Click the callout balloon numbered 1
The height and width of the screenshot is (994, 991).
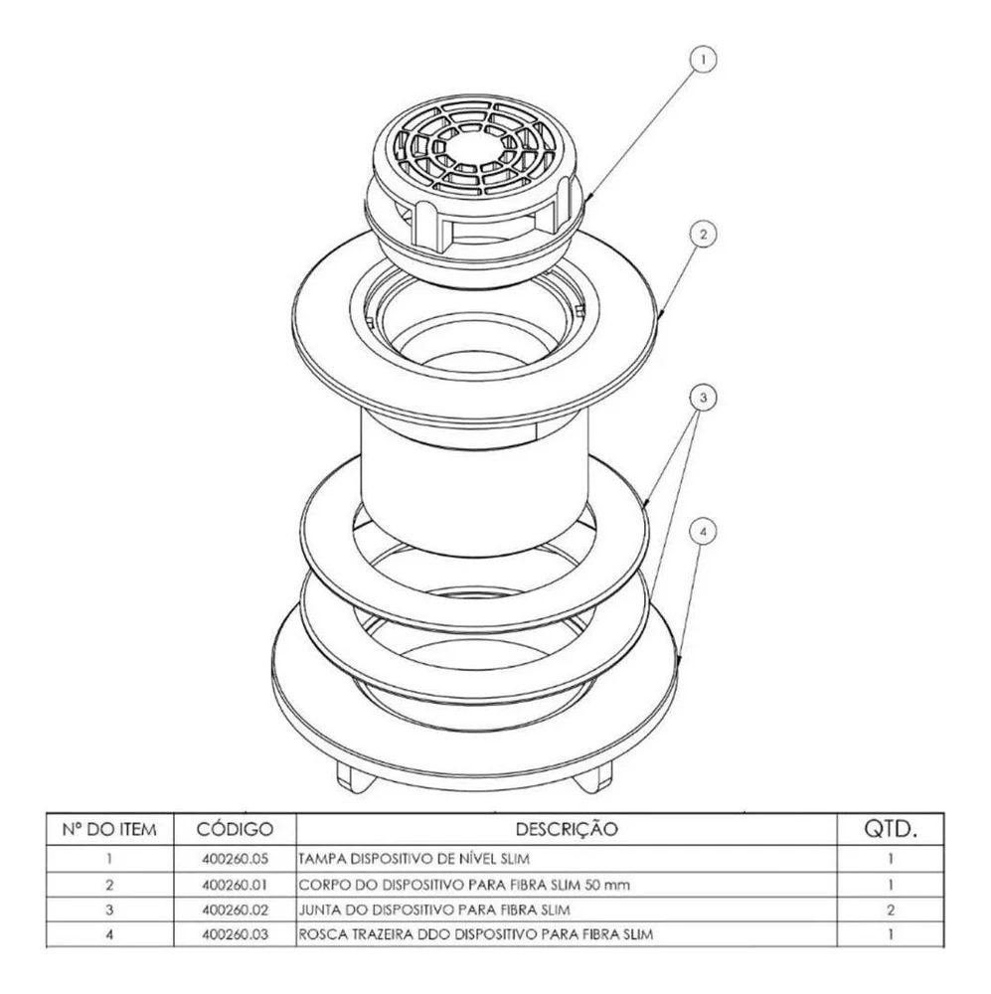703,61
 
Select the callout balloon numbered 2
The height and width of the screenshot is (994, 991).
703,235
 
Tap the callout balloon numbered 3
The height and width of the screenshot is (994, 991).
703,398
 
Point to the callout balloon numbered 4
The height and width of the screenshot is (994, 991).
703,533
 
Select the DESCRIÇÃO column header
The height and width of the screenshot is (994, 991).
567,828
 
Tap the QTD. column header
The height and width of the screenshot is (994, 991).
891,828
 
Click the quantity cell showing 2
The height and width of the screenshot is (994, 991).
891,909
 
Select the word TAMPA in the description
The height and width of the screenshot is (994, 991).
321,857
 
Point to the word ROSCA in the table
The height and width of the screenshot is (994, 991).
321,934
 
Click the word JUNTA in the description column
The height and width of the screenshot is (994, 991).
320,909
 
